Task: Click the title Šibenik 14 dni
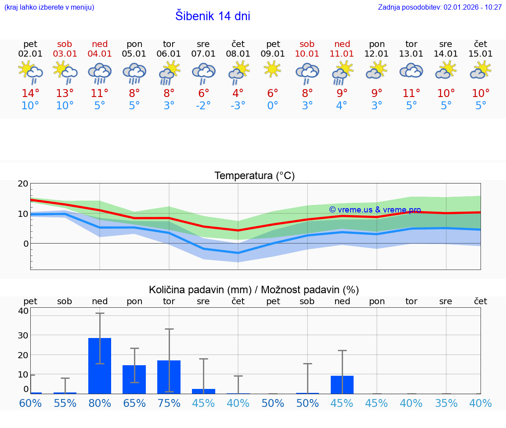(x=213, y=16)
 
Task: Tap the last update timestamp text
(x=440, y=7)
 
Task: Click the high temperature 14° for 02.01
(x=30, y=94)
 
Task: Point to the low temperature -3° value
(x=238, y=106)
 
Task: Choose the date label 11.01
(x=342, y=54)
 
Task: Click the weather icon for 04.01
(x=100, y=72)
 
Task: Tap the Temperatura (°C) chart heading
(x=254, y=176)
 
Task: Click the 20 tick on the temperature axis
(x=23, y=184)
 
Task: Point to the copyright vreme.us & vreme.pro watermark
(x=375, y=210)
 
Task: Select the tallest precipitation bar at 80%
(x=100, y=366)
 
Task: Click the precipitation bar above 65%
(x=134, y=379)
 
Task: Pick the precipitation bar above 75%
(x=169, y=377)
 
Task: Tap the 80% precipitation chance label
(x=100, y=403)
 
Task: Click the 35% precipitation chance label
(x=446, y=403)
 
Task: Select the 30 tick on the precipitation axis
(x=23, y=335)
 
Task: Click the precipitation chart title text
(x=254, y=290)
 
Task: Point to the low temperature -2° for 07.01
(x=203, y=106)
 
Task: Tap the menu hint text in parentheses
(x=49, y=7)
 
